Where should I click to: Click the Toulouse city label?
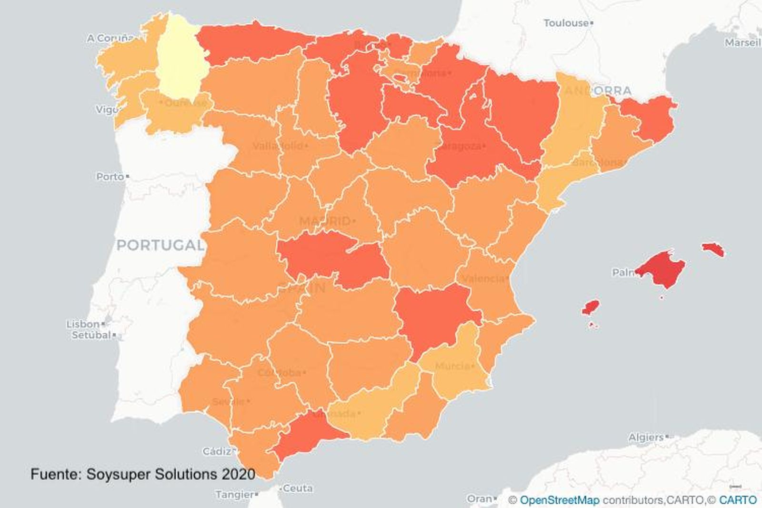pos(566,23)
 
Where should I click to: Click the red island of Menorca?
pos(713,249)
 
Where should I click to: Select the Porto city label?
pos(110,177)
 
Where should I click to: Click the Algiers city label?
pos(646,437)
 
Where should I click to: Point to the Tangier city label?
pos(234,495)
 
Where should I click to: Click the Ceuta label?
pos(298,488)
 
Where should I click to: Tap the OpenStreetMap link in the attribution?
pos(560,500)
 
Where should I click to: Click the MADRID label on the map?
pos(325,221)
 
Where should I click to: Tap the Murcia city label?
pos(452,366)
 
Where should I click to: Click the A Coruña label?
pos(110,38)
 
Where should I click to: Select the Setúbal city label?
pos(91,335)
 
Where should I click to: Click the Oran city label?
pos(479,498)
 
